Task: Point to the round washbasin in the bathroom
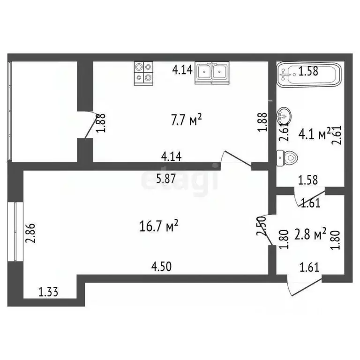coord(285,114)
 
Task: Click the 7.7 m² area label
coord(186,121)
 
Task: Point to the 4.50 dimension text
coord(161,267)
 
